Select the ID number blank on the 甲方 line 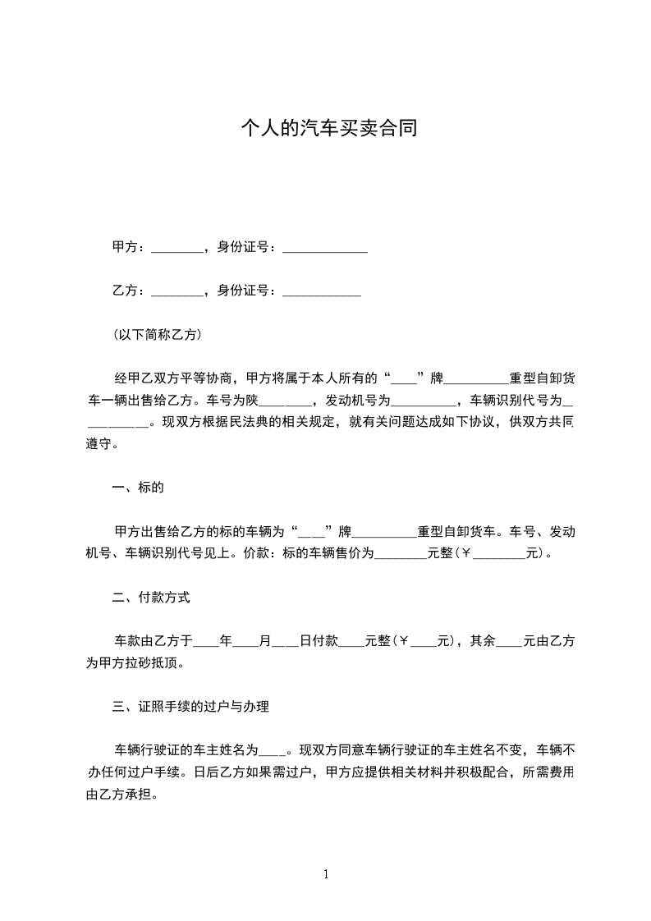324,248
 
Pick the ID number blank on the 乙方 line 321,291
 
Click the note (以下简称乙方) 157,335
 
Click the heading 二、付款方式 151,598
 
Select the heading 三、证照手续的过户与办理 190,707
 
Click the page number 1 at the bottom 326,874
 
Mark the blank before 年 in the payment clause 206,642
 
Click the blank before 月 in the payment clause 245,642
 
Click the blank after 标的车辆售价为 401,555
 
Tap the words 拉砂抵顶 163,663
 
